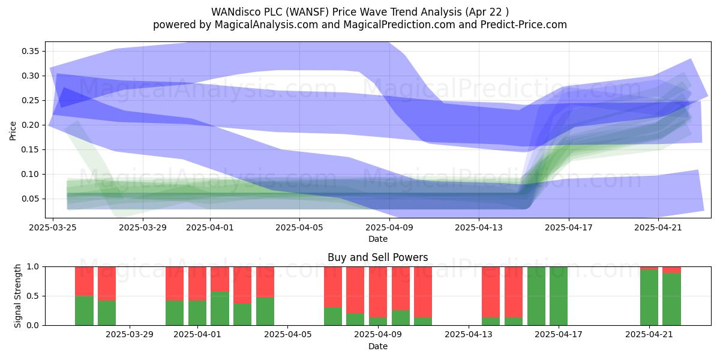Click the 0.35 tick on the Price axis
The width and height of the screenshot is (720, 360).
click(31, 52)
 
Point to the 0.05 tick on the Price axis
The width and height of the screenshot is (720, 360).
click(31, 199)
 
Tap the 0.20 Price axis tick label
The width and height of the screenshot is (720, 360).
click(31, 125)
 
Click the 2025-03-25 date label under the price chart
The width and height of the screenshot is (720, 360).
click(53, 227)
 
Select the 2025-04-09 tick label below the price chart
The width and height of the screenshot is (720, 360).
click(389, 227)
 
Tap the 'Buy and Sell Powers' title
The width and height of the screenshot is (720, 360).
click(377, 257)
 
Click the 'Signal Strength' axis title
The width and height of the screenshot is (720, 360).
click(18, 296)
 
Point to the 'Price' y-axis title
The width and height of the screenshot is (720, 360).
click(13, 130)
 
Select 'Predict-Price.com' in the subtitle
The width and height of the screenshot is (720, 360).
click(526, 25)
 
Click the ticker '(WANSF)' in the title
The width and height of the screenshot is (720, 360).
click(312, 12)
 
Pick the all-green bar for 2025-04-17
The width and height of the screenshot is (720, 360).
click(559, 296)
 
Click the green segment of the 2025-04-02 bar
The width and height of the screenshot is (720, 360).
click(220, 308)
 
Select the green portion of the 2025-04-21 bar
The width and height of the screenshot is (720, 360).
click(649, 298)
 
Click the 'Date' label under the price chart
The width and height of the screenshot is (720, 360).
click(377, 239)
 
